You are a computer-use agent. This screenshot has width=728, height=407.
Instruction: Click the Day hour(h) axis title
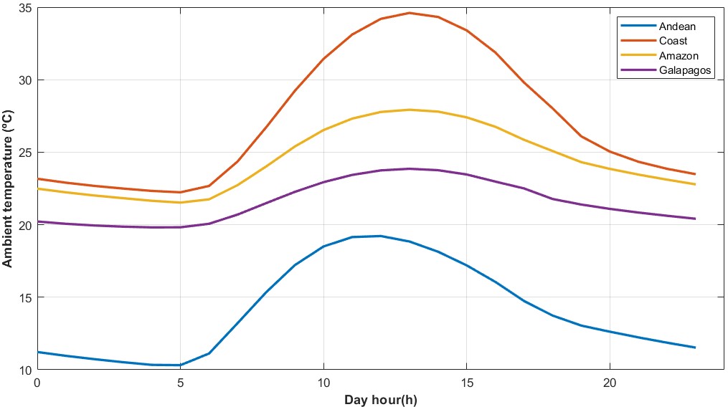click(380, 399)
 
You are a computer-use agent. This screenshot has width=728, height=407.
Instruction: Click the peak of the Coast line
click(409, 12)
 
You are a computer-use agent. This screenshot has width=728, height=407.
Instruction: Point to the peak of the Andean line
click(380, 236)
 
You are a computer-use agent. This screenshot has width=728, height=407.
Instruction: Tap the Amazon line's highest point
click(409, 110)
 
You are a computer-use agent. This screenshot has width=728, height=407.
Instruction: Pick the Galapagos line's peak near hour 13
click(409, 168)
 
